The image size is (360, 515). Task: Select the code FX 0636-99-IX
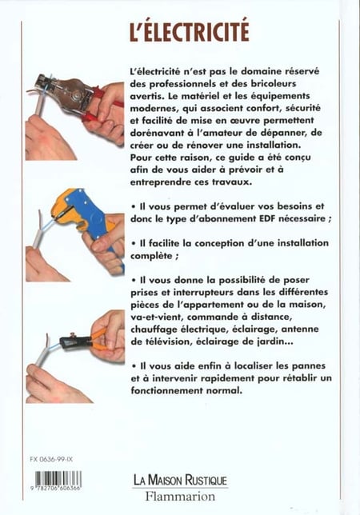[x=51, y=460]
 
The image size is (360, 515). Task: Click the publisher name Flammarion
[x=180, y=496]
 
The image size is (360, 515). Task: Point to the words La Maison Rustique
[x=180, y=480]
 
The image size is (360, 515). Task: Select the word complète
[x=151, y=256]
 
